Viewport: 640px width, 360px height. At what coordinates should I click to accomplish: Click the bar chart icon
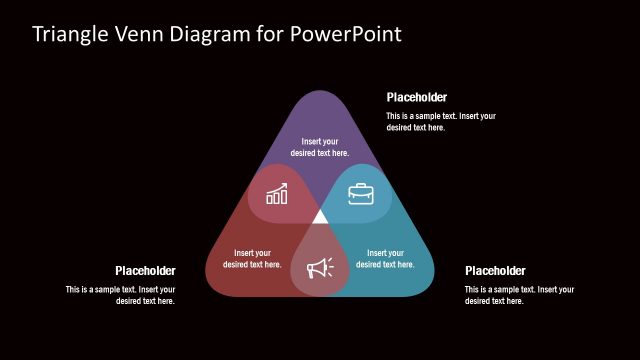pyautogui.click(x=277, y=193)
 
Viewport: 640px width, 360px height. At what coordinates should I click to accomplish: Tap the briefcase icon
pyautogui.click(x=362, y=193)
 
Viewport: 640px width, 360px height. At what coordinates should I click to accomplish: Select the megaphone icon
pyautogui.click(x=320, y=267)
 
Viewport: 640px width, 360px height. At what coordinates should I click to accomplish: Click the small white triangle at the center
pyautogui.click(x=320, y=216)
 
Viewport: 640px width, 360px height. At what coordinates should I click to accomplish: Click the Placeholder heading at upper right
pyautogui.click(x=417, y=97)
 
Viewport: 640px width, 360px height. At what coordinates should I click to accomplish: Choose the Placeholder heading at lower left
pyautogui.click(x=145, y=270)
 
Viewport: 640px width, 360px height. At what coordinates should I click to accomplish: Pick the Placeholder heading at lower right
pyautogui.click(x=495, y=270)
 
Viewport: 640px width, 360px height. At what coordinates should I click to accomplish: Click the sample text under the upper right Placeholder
pyautogui.click(x=441, y=122)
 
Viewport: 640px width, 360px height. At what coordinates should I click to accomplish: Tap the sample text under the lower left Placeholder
pyautogui.click(x=121, y=295)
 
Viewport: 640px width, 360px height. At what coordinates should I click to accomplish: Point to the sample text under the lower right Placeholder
pyautogui.click(x=519, y=295)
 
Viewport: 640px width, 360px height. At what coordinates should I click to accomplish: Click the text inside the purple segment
pyautogui.click(x=320, y=147)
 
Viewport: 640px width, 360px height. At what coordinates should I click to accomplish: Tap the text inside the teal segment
pyautogui.click(x=385, y=258)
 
